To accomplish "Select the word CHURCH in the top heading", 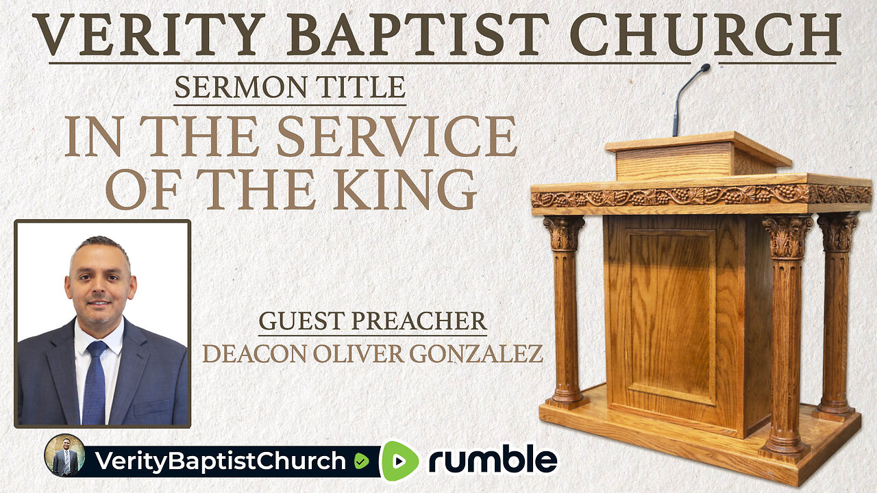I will pos(705,34).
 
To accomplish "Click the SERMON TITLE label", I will pos(290,88).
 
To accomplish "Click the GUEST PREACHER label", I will pos(373,322).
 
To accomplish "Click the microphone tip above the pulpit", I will pos(704,68).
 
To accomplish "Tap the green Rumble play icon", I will pos(400,461).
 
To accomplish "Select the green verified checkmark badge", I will pos(361,462).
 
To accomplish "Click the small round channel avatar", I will pos(64,455).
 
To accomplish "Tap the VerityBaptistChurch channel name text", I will pos(219,462).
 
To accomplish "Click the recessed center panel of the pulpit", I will pos(671,315).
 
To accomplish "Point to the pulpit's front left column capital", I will pos(564,233).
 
